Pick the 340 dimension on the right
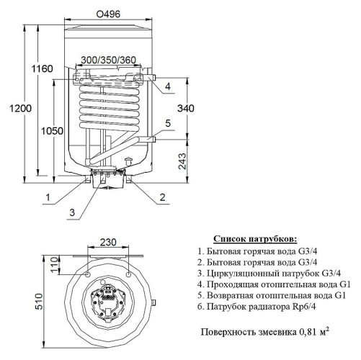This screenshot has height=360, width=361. pos(185,109)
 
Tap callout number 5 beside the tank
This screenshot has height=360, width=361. pos(167,123)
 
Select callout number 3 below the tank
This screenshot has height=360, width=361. pos(72,211)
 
